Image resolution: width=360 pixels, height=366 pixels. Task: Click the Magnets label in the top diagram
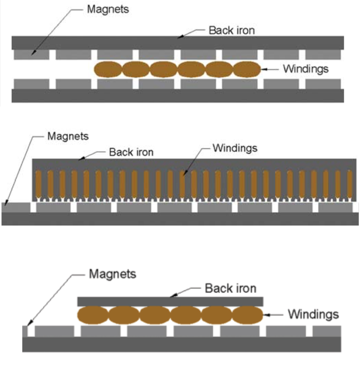[x=108, y=9]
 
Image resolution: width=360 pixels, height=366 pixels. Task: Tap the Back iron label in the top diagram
[x=231, y=30]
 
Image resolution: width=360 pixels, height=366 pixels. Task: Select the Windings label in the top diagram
[x=305, y=69]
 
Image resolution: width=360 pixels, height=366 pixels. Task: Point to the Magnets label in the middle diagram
[x=68, y=136]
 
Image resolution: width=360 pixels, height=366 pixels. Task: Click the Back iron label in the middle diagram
[x=131, y=152]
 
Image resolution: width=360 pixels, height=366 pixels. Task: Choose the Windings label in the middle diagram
[x=235, y=148]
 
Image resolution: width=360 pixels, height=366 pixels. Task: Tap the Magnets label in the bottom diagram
[x=112, y=274]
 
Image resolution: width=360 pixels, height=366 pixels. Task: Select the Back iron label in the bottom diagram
[x=230, y=288]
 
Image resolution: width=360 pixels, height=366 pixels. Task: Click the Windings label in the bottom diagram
[x=313, y=314]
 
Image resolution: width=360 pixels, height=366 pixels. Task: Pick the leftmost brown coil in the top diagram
[x=108, y=69]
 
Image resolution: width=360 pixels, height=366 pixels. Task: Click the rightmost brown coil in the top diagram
[x=247, y=69]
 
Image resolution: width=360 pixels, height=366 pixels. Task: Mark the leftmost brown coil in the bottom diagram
[x=93, y=315]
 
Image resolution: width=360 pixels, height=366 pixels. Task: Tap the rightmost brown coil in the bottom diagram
[x=248, y=315]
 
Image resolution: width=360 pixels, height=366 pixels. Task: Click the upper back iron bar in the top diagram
[x=178, y=43]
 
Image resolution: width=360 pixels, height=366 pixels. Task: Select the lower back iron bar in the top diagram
[x=178, y=96]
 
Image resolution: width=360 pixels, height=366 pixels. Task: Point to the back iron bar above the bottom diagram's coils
[x=170, y=301]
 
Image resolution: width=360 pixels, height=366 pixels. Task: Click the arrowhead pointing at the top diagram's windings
[x=263, y=69]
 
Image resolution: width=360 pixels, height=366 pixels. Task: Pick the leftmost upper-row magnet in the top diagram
[x=32, y=55]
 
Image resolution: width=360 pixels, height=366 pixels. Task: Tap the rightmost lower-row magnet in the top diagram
[x=323, y=84]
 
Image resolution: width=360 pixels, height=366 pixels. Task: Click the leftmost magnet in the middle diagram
[x=16, y=207]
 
